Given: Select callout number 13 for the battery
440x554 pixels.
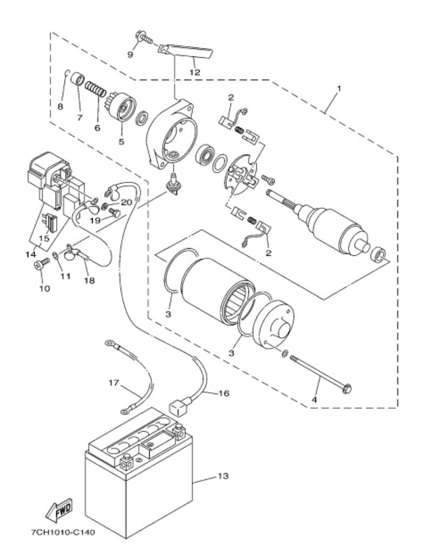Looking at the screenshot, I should [223, 476].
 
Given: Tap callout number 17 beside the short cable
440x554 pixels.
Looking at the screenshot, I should [113, 382].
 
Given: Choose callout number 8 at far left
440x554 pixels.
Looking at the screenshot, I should [60, 106].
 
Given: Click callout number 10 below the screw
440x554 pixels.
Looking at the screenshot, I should [44, 288].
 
